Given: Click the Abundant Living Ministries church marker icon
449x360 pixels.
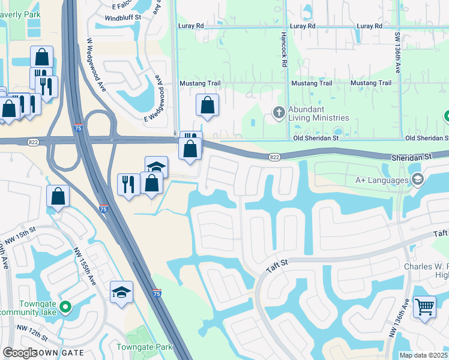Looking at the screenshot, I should click(279, 112).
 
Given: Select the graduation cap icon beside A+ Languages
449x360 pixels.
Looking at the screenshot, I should click(417, 179).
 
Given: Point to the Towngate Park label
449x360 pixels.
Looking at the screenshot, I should click(144, 347).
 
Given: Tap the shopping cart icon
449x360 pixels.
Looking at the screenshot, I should click(424, 307).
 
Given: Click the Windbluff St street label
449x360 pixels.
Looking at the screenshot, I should click(122, 18).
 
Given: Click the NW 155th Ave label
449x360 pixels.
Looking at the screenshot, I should click(85, 267).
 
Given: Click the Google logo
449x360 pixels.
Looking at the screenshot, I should click(20, 353).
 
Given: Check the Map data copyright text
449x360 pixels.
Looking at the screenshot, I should click(423, 355).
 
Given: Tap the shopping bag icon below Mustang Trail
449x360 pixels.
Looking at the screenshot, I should click(207, 105).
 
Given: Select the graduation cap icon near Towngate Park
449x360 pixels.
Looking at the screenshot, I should click(122, 292).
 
